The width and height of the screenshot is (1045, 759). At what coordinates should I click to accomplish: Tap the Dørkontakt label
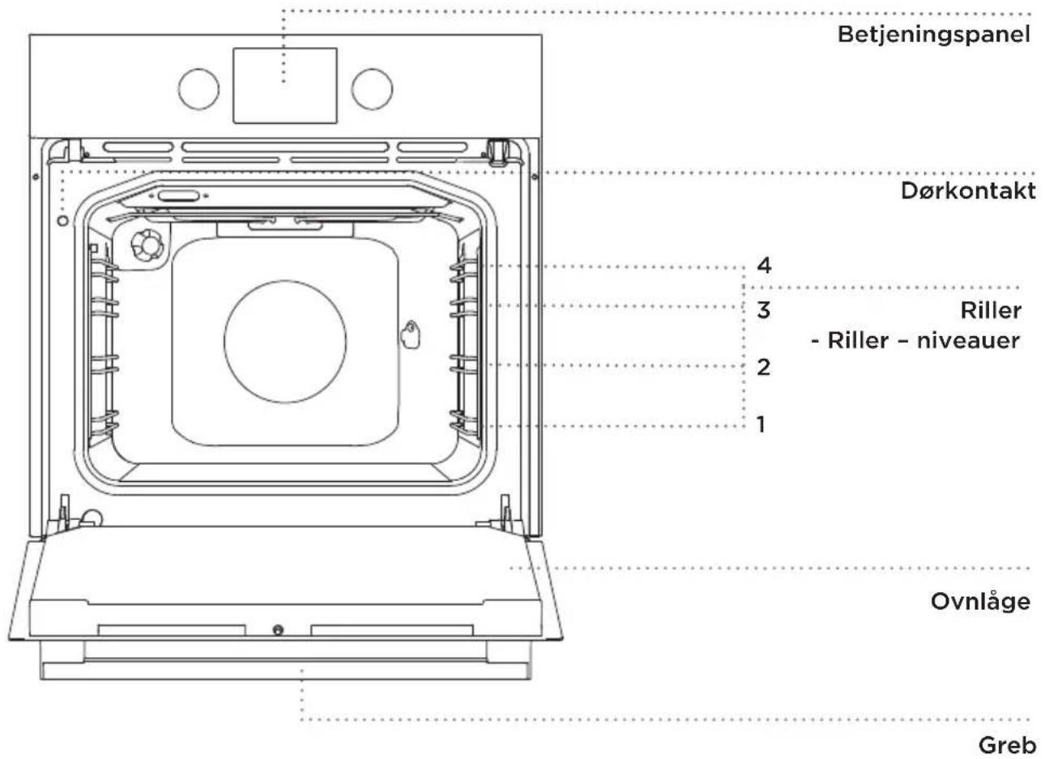[x=968, y=191]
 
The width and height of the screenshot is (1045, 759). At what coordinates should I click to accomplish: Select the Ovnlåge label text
[x=981, y=602]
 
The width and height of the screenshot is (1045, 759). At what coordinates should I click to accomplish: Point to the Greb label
[x=1008, y=746]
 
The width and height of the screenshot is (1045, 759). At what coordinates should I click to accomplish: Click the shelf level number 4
[x=764, y=266]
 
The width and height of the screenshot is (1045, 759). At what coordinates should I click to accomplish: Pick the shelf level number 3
[x=763, y=310]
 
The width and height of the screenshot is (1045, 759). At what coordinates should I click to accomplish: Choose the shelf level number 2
[x=763, y=367]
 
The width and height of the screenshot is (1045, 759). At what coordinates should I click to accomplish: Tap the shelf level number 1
[x=761, y=424]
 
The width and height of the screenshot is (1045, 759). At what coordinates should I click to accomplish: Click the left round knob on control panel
[x=198, y=89]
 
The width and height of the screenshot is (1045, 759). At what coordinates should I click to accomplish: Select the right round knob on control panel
[x=372, y=89]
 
